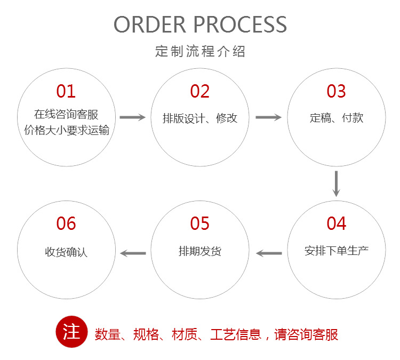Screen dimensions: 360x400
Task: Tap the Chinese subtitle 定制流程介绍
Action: pos(200,52)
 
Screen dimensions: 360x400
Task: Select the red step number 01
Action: pos(66,91)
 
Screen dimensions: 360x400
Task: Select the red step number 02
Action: pos(200,91)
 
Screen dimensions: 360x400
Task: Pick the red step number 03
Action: pos(336,91)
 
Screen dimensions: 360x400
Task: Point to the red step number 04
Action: pos(336,223)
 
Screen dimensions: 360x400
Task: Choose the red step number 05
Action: pos(200,223)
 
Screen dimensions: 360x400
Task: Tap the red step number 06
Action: pos(66,223)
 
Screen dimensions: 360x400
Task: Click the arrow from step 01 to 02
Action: pos(132,117)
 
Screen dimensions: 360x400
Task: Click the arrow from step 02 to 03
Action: pos(268,117)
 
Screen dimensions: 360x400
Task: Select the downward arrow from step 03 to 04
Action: pos(336,183)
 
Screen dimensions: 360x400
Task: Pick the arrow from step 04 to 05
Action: pos(269,253)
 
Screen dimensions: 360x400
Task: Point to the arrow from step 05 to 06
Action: pos(133,253)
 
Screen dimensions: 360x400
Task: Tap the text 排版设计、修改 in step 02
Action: pos(200,118)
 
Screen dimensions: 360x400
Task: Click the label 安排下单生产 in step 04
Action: pos(337,250)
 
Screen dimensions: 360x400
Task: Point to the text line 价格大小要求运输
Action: pos(67,130)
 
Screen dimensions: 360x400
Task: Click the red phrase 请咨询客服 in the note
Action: pos(306,334)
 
